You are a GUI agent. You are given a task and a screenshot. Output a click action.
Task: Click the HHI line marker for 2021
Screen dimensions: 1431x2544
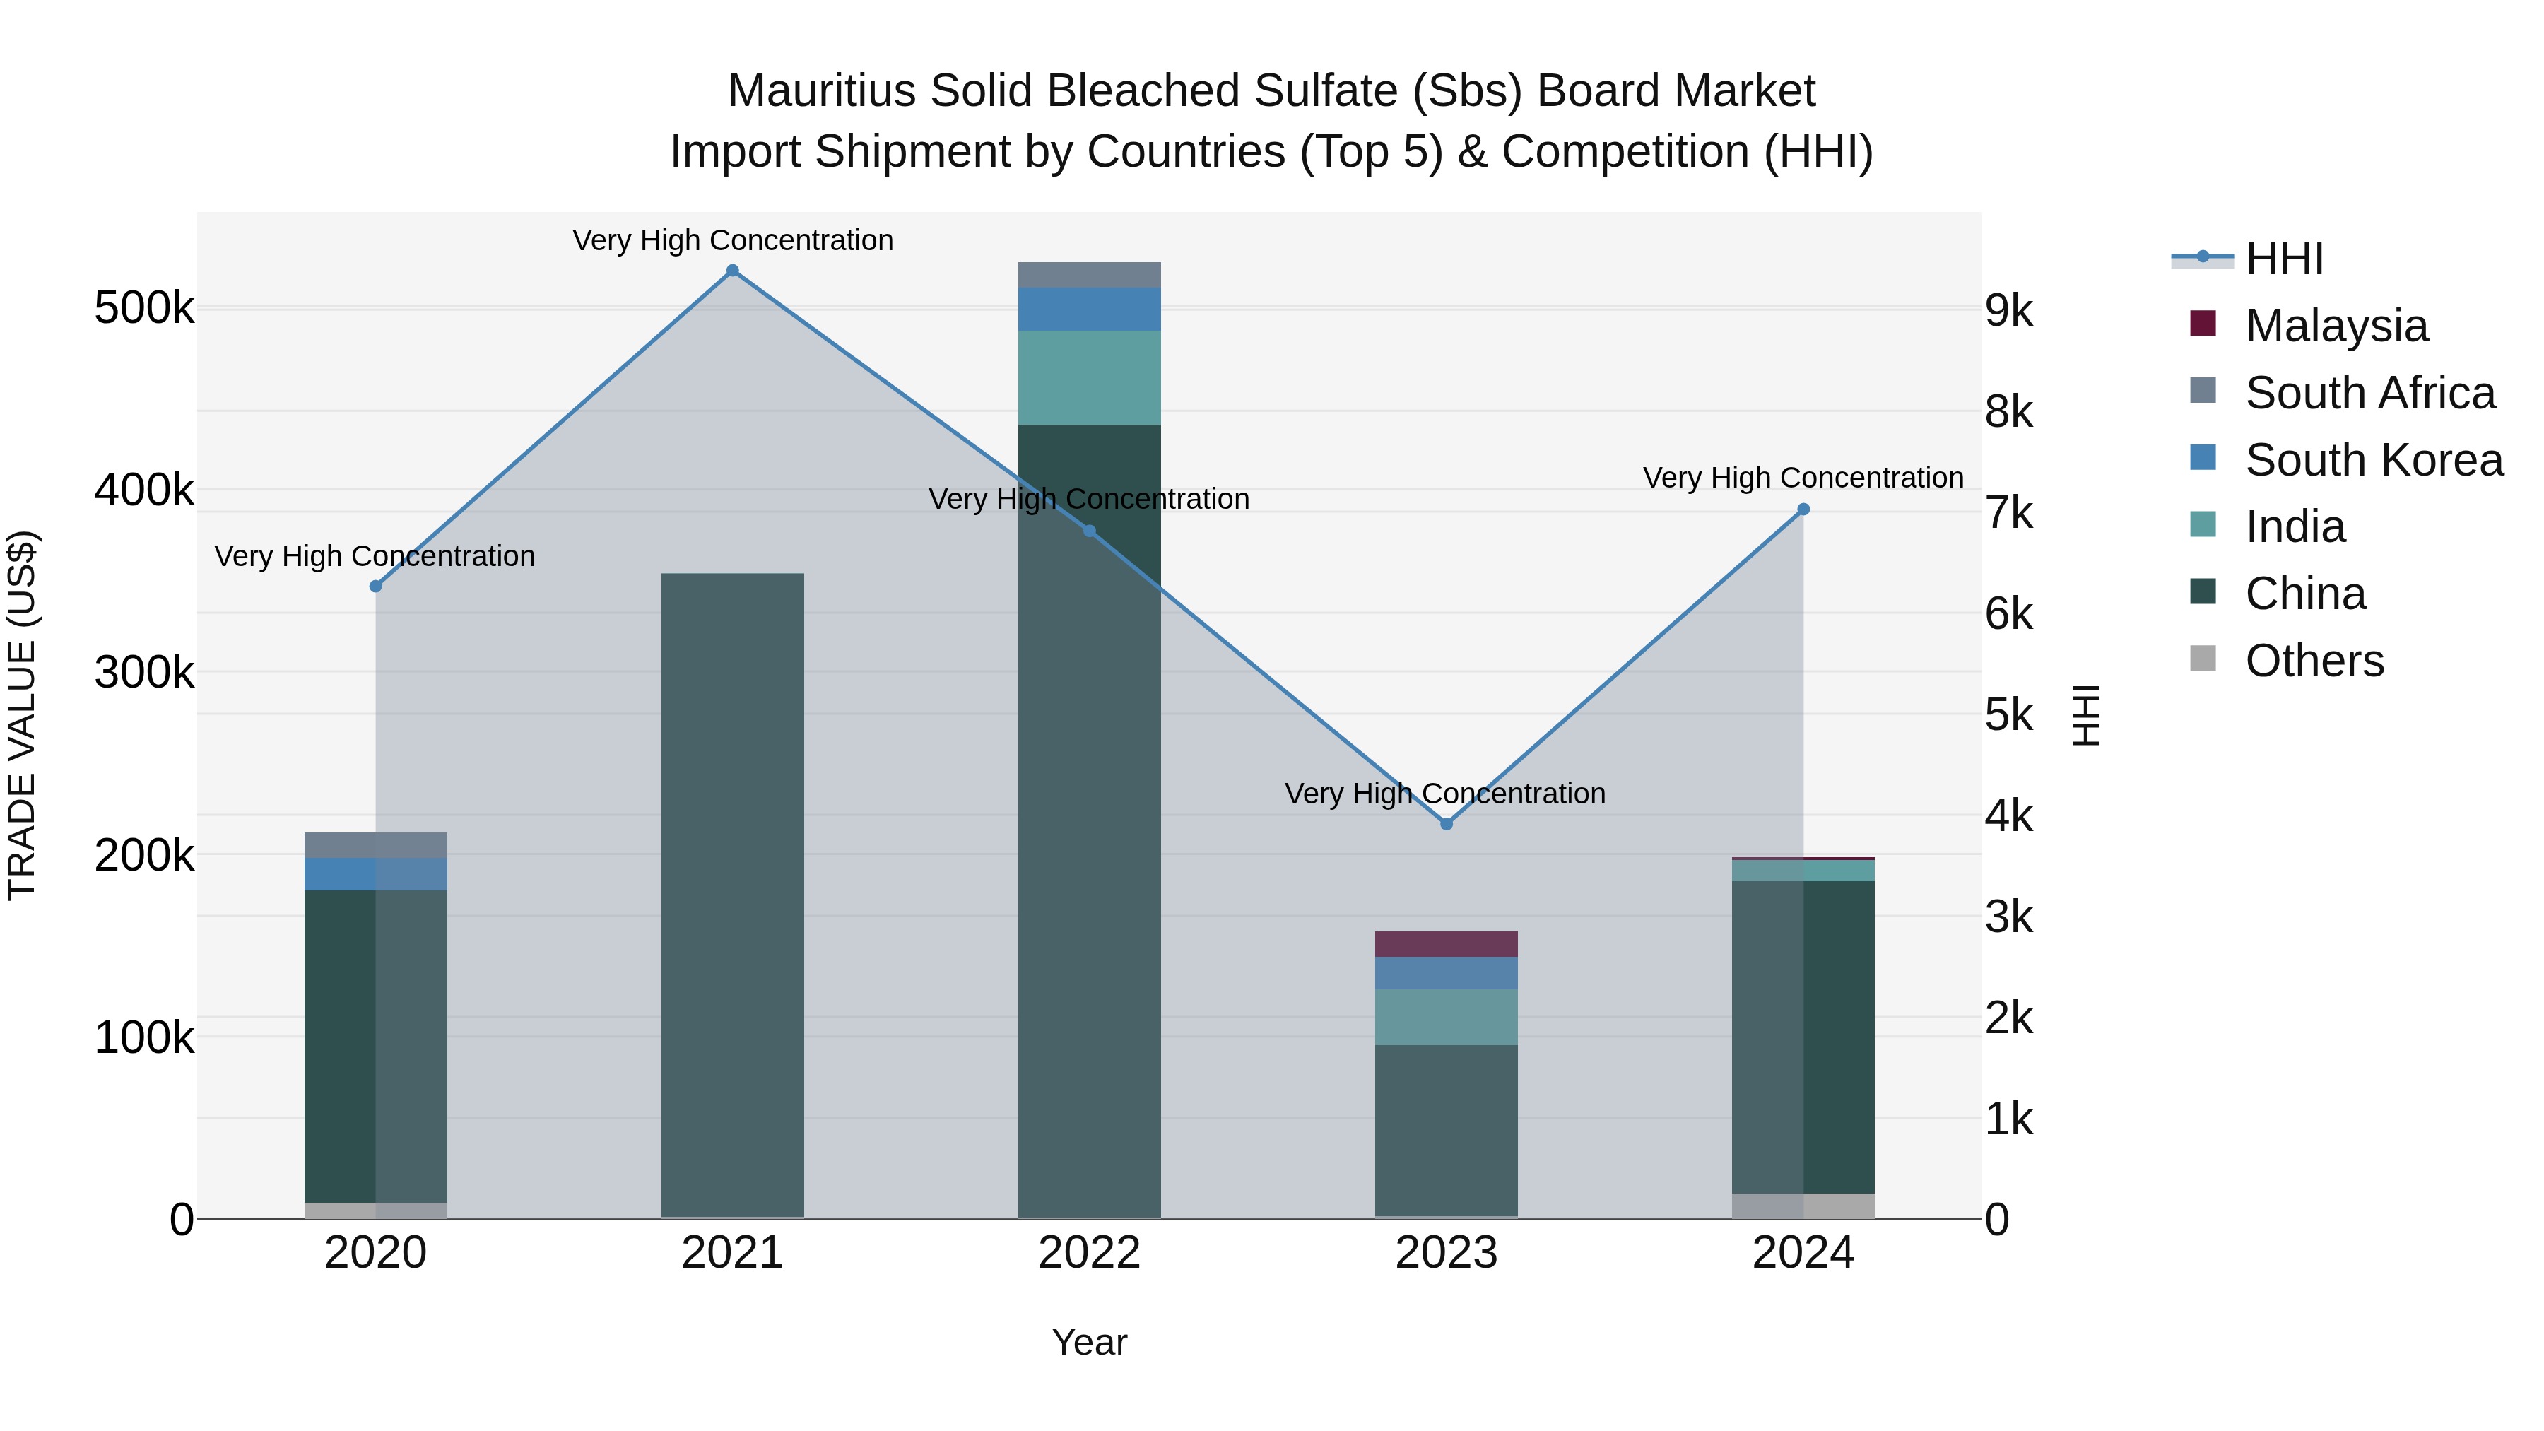(732, 271)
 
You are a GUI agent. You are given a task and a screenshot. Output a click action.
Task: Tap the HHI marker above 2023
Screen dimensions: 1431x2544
(1446, 824)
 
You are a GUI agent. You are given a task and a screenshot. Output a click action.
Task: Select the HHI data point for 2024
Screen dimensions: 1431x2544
(1803, 510)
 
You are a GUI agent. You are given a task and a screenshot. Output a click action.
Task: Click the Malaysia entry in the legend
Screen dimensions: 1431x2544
(2336, 326)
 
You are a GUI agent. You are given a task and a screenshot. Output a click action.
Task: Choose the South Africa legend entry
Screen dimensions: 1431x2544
(2369, 393)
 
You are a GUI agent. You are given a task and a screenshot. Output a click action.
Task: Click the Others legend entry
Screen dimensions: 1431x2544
(2314, 661)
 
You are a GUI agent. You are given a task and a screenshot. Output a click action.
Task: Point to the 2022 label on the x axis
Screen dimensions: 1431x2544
(1089, 1253)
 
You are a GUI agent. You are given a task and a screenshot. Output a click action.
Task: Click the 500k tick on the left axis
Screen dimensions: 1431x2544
(144, 308)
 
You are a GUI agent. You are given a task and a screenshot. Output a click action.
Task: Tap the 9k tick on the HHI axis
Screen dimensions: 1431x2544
(2010, 311)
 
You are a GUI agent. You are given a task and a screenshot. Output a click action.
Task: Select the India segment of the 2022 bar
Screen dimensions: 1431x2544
(1089, 377)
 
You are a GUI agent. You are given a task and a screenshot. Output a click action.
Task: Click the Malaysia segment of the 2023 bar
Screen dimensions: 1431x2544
(1446, 944)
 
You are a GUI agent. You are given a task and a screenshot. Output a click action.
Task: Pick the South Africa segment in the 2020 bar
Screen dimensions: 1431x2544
(375, 845)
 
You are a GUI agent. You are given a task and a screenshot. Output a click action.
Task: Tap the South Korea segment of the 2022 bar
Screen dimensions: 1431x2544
(1089, 309)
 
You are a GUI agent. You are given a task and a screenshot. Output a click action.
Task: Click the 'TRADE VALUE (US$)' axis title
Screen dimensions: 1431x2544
(22, 715)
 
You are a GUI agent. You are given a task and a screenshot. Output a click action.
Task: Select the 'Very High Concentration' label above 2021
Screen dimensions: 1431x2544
(732, 240)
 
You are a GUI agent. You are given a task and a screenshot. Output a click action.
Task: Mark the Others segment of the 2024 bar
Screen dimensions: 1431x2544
(1803, 1206)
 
